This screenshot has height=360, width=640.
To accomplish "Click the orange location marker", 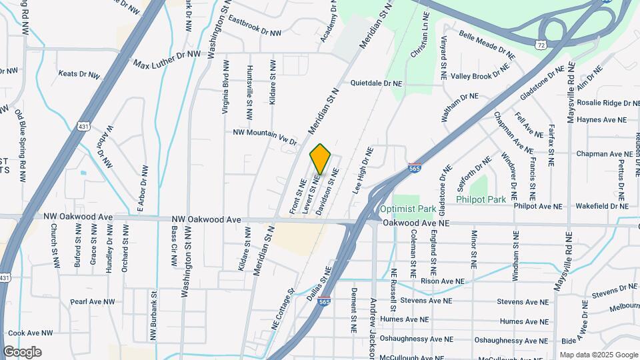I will tap(320, 159).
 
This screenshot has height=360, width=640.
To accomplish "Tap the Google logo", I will tap(22, 352).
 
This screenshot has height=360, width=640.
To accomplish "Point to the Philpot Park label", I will tap(481, 199).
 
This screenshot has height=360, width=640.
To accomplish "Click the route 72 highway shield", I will tap(541, 43).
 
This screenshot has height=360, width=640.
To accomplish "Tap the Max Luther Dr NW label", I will tap(167, 59).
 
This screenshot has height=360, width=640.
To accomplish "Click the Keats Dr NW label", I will tap(78, 74).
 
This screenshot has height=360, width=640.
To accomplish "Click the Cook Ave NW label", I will tap(30, 333).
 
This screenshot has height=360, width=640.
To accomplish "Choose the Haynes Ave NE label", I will tap(602, 120).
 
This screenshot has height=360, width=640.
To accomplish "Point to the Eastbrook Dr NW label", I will tap(255, 27).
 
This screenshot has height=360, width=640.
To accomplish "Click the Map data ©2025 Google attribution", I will tap(598, 355).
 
